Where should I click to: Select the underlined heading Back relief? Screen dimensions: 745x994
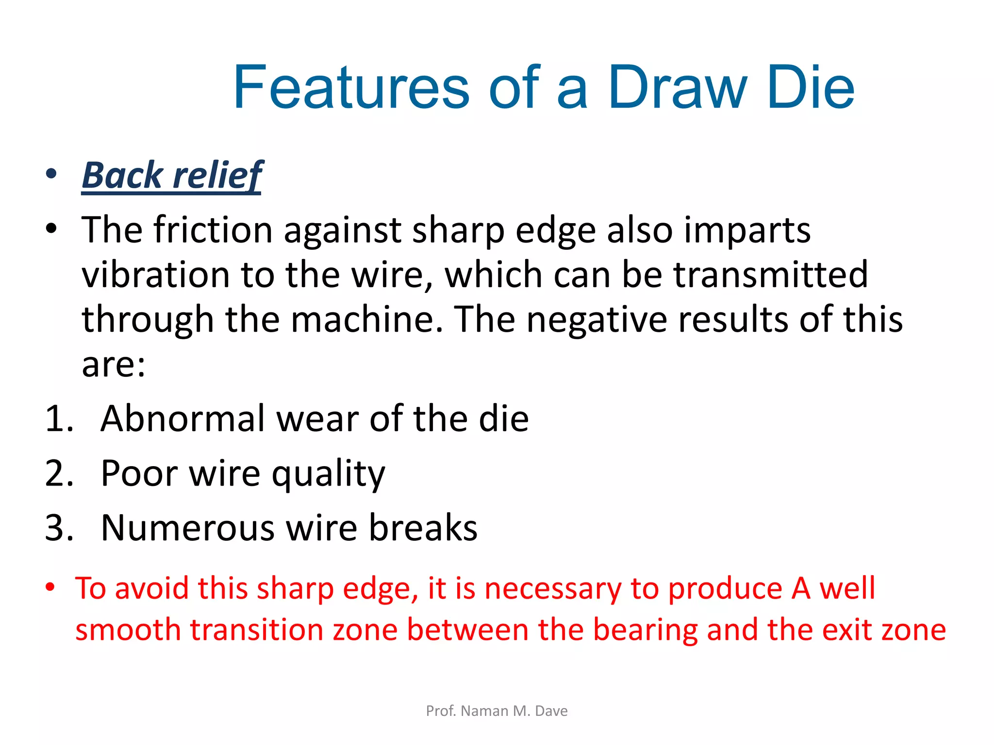click(172, 175)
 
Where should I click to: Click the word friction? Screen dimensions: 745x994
click(213, 229)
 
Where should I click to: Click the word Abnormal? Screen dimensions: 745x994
click(182, 419)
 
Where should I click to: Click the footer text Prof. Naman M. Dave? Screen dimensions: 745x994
click(497, 711)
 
